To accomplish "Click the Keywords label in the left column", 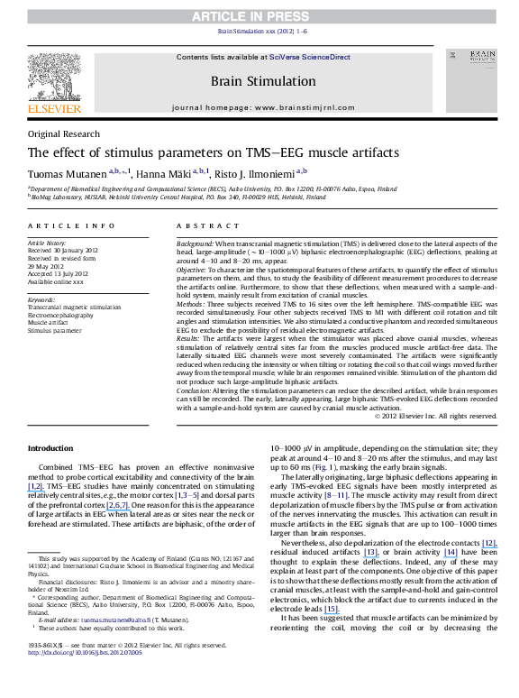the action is click(42, 298).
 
